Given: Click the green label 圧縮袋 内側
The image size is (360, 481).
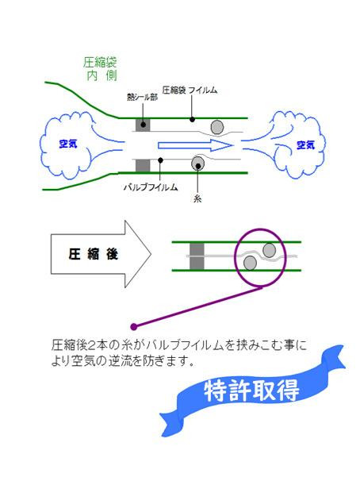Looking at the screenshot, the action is click(x=100, y=69).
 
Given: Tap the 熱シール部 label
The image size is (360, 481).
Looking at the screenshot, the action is click(x=143, y=98).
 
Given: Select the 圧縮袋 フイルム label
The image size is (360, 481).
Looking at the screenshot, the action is click(x=190, y=90).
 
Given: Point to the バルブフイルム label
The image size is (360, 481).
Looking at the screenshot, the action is click(x=151, y=187).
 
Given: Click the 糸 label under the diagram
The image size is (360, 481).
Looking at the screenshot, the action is click(x=197, y=198).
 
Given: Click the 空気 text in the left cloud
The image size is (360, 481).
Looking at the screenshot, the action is click(x=68, y=144).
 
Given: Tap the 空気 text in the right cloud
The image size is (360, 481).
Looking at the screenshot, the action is click(x=305, y=144).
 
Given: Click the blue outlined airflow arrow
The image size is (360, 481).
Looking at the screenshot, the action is click(x=196, y=145).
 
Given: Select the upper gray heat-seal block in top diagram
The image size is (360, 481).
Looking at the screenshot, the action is click(x=143, y=125).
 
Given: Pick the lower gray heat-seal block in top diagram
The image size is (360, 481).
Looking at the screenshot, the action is click(x=143, y=166).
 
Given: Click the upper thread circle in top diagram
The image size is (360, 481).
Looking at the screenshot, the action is click(x=217, y=127).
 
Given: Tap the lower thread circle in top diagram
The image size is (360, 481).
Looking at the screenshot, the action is click(x=197, y=164).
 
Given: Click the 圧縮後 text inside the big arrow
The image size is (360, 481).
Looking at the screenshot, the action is click(x=93, y=254).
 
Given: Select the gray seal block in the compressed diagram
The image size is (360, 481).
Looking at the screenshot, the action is click(x=197, y=256).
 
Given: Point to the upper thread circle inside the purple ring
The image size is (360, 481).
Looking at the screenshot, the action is click(x=270, y=250).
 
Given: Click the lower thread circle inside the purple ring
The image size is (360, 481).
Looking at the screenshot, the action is click(x=250, y=263).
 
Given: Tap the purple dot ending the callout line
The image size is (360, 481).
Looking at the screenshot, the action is click(x=133, y=327).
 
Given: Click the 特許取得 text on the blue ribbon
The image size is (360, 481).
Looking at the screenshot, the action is click(x=251, y=391).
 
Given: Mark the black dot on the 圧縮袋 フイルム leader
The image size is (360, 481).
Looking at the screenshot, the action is click(x=192, y=119).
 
